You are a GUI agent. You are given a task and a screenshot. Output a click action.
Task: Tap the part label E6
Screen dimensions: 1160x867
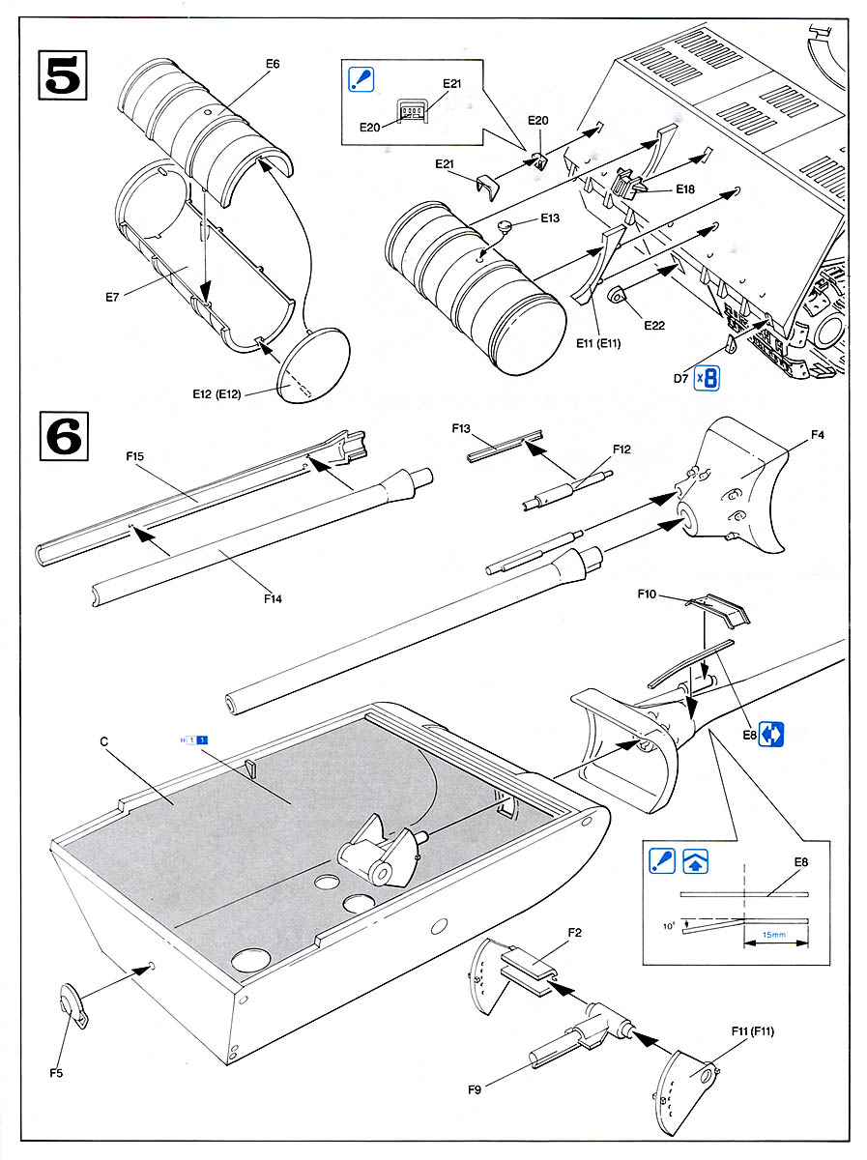click(x=272, y=64)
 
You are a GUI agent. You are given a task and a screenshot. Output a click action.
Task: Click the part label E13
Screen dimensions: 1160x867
click(x=549, y=218)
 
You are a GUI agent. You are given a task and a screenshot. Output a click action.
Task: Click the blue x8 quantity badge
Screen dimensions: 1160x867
click(x=710, y=376)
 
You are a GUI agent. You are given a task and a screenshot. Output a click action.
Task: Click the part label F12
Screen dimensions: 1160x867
click(x=621, y=449)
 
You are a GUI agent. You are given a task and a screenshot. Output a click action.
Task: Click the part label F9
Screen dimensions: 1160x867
click(x=474, y=1089)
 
